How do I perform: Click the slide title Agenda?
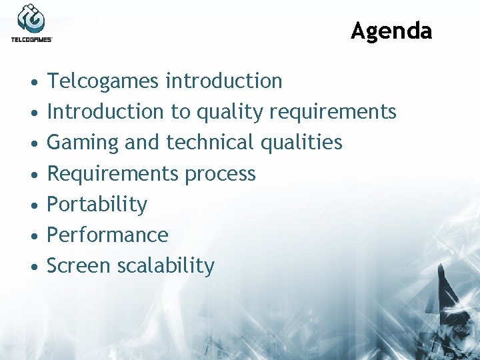[x=391, y=31]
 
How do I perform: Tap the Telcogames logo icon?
[x=31, y=19]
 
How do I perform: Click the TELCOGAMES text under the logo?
[x=31, y=40]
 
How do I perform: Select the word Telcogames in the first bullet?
[x=103, y=81]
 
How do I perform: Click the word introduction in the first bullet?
[x=224, y=81]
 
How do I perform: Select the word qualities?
[x=301, y=143]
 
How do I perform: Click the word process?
[x=220, y=174]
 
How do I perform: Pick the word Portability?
[x=97, y=205]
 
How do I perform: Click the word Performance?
[x=107, y=235]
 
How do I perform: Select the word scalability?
[x=165, y=266]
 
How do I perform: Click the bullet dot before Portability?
[x=33, y=205]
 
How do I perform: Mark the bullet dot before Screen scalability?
[x=33, y=267]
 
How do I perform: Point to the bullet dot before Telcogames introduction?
[x=33, y=82]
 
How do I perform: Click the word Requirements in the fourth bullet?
[x=113, y=174]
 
